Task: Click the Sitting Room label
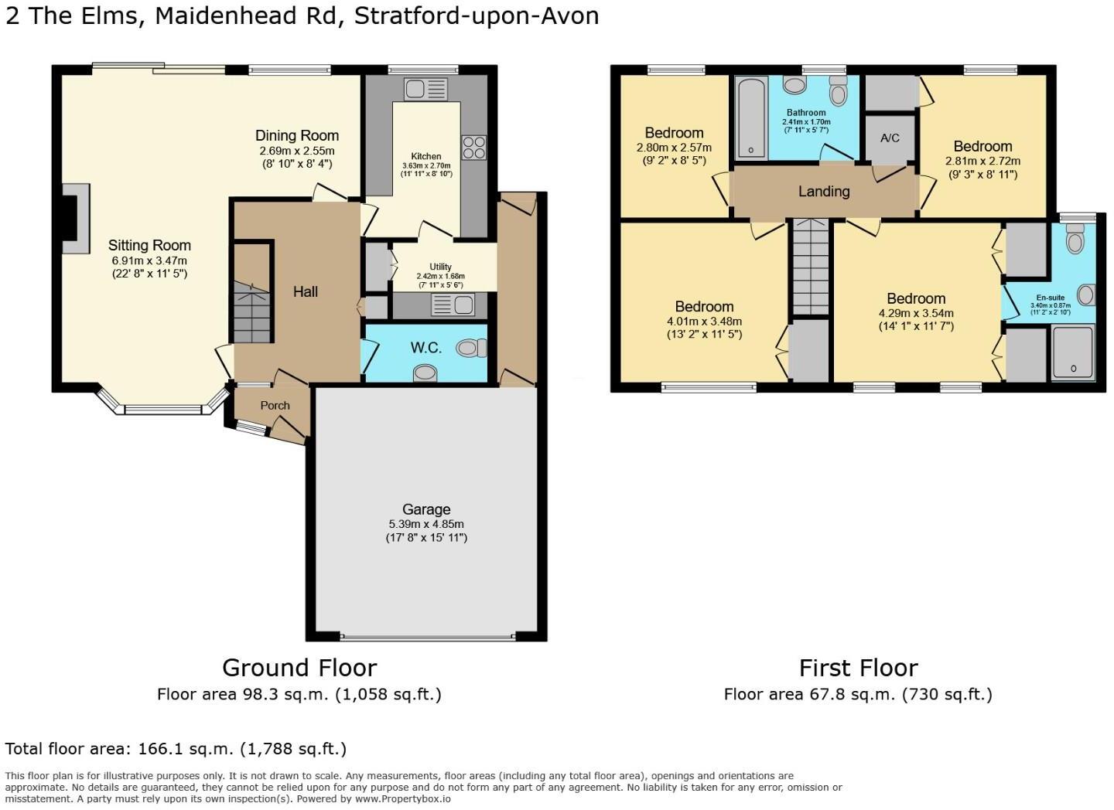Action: click(149, 246)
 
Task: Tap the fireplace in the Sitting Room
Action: click(75, 219)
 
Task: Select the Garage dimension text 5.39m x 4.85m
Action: click(426, 524)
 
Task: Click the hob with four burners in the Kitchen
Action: click(473, 147)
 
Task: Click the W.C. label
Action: click(425, 348)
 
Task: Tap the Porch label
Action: click(275, 405)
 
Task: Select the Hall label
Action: click(306, 291)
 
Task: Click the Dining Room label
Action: click(297, 135)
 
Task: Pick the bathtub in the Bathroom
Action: click(750, 117)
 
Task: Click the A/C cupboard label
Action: click(890, 138)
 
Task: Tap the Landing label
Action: click(824, 191)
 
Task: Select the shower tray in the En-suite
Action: click(1073, 353)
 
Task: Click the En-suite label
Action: click(1050, 298)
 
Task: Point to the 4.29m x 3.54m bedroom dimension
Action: click(916, 313)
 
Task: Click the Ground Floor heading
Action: click(299, 667)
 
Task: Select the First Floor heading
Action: click(858, 667)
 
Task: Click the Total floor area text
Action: click(176, 748)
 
